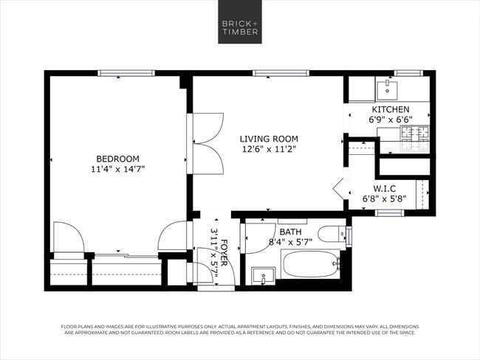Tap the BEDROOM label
click(117, 158)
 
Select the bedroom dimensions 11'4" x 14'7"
click(117, 169)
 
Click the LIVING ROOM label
click(269, 138)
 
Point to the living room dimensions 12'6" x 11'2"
click(269, 149)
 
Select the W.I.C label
click(384, 189)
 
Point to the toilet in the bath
click(343, 235)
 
